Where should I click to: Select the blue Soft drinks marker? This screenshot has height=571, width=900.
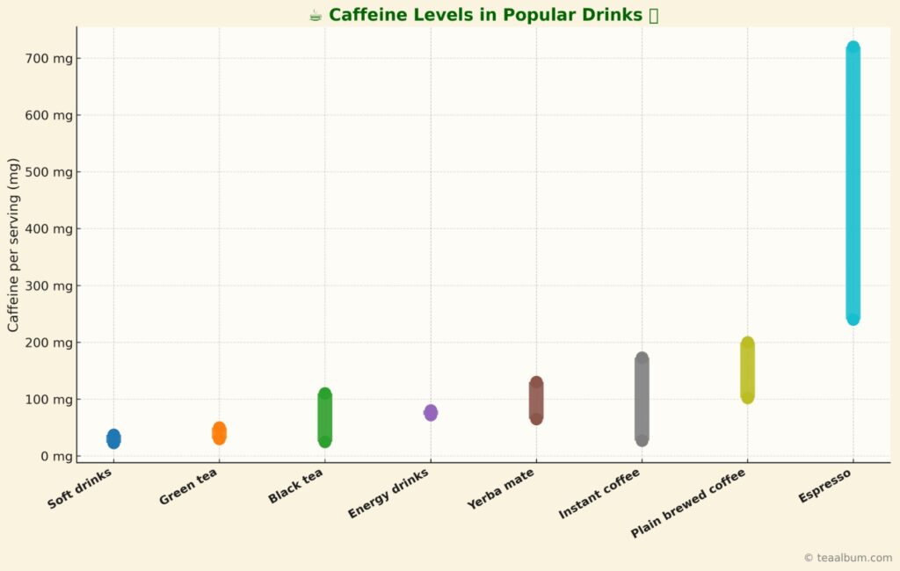coord(113,438)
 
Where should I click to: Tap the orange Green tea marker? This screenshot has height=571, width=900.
coord(219,433)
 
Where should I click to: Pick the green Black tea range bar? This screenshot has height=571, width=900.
coord(324,417)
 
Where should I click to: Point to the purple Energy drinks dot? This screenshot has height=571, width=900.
coord(431,412)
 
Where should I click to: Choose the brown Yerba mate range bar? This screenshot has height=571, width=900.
coord(536,401)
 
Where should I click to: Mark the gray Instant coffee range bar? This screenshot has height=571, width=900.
coord(642,399)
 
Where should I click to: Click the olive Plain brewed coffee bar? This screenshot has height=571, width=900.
coord(747,370)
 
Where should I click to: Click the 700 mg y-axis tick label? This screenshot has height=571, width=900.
coord(48,59)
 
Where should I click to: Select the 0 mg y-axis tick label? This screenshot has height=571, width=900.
coord(54,456)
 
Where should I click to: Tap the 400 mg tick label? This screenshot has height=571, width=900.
coord(48,228)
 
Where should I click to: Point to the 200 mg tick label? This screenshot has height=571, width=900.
coord(48,343)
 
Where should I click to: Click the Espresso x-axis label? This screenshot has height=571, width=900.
coord(825,486)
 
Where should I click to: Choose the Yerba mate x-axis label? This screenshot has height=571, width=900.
coord(501,489)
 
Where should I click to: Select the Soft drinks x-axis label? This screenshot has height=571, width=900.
coord(80,489)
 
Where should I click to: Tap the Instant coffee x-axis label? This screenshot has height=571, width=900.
coord(599,494)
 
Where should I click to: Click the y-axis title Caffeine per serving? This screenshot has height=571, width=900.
coord(13,245)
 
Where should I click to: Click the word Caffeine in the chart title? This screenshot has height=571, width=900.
coord(367,15)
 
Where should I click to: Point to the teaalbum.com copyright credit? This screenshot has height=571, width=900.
coord(847,558)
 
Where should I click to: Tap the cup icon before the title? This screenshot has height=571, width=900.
coord(316,15)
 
